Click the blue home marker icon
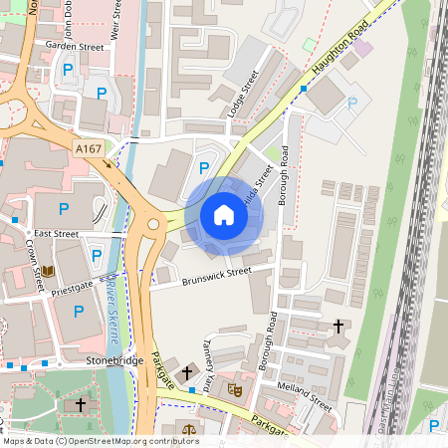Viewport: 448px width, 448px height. [224, 215]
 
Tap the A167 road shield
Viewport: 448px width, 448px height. [88, 147]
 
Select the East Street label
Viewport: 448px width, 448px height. [56, 234]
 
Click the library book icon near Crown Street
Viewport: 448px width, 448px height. [49, 270]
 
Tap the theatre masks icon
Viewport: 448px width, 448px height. [235, 390]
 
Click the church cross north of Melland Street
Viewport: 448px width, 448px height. [337, 326]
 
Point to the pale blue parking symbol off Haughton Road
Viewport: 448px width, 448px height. [350, 103]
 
